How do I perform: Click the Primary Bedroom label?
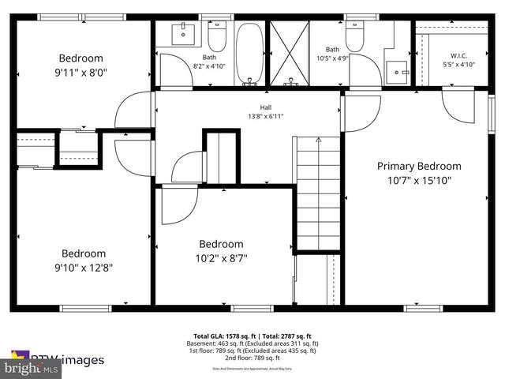click(x=419, y=166)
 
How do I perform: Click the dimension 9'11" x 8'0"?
click(x=82, y=72)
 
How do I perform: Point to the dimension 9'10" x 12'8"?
click(x=84, y=267)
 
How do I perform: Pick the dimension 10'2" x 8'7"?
click(x=221, y=257)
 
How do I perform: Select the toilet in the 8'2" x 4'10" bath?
click(x=218, y=36)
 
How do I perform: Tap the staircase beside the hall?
click(x=318, y=193)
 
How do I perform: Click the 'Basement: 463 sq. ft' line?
click(x=252, y=344)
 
